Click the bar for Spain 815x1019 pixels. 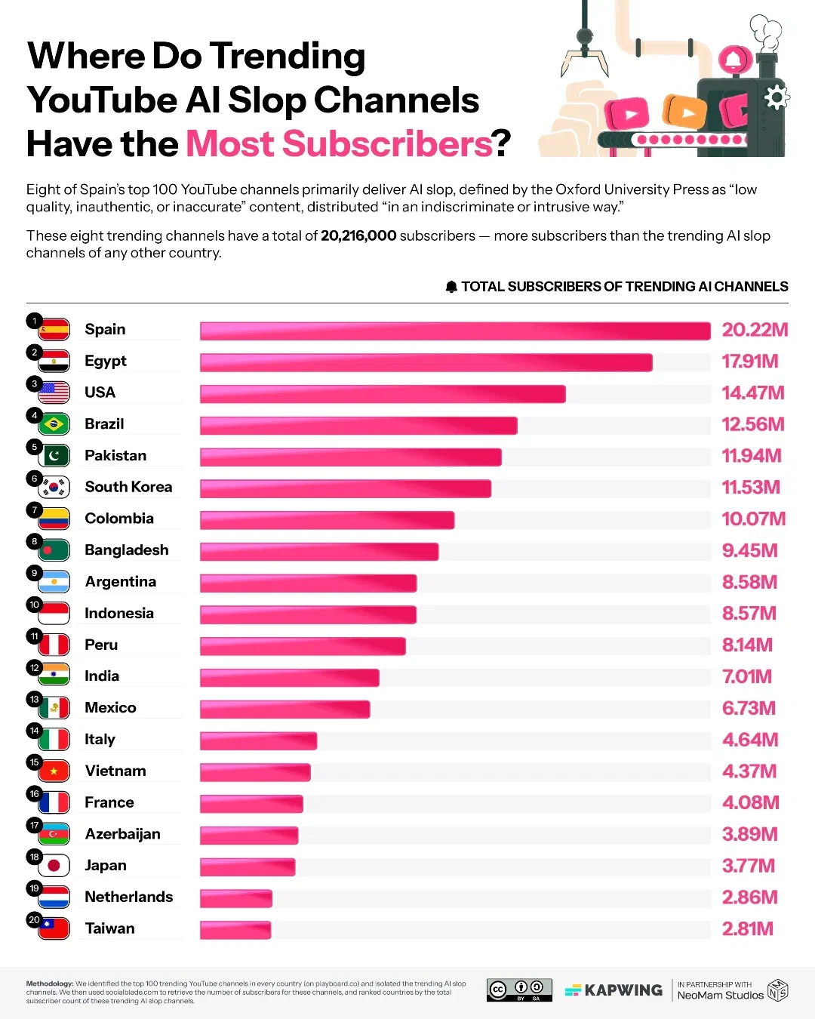tap(455, 331)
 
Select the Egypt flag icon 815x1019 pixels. tap(54, 362)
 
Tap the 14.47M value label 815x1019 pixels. tap(752, 393)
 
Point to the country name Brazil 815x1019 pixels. tap(104, 424)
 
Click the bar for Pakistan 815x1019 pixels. tap(350, 457)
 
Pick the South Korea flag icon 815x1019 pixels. tap(54, 488)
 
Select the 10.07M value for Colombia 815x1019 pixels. tap(753, 519)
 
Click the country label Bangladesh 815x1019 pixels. tap(127, 550)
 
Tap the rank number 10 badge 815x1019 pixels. tap(34, 605)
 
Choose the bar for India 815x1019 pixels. tap(289, 678)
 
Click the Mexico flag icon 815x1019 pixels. tap(54, 708)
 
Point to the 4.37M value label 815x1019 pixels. tap(749, 771)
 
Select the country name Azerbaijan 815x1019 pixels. tap(122, 834)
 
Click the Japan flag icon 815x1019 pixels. tap(54, 866)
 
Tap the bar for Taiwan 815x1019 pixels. tap(235, 930)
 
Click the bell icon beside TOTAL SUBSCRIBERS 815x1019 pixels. tap(451, 287)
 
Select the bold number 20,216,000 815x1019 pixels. tap(358, 236)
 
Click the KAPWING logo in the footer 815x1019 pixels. tap(614, 990)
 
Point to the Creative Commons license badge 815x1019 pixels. tap(519, 990)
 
